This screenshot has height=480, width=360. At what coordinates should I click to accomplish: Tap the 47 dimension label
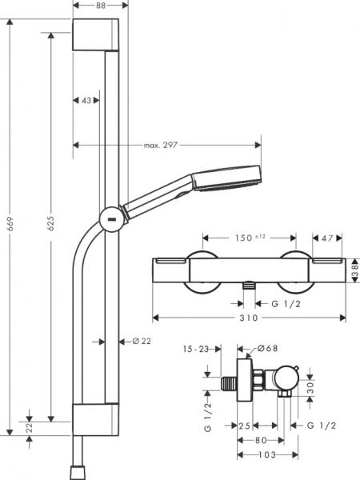[x=327, y=238]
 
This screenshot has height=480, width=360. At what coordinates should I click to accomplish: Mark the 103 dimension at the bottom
[x=267, y=456]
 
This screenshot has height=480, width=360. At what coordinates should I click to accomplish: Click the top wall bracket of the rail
[x=99, y=36]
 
